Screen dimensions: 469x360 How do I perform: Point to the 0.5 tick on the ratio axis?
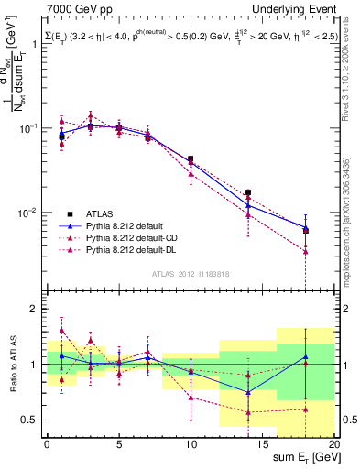click(33, 420)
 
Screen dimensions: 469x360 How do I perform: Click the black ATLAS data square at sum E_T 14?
click(248, 192)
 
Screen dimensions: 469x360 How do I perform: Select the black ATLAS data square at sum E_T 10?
click(191, 159)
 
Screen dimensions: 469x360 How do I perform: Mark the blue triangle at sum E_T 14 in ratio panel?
click(248, 392)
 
